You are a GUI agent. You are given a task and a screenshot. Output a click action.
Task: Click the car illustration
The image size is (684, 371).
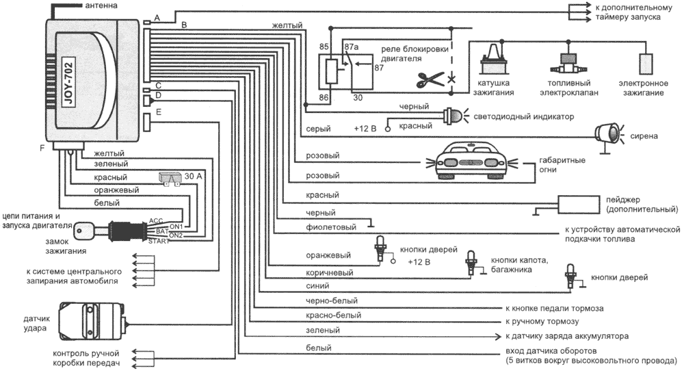[x=469, y=160]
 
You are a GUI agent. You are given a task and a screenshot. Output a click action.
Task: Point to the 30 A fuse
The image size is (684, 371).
[x=169, y=177]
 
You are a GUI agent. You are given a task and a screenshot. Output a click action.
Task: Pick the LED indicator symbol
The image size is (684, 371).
[x=453, y=116]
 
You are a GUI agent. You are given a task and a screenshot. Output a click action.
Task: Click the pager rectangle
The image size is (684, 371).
[x=581, y=203]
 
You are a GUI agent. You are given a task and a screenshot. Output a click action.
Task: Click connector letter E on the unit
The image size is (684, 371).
[x=159, y=112]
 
